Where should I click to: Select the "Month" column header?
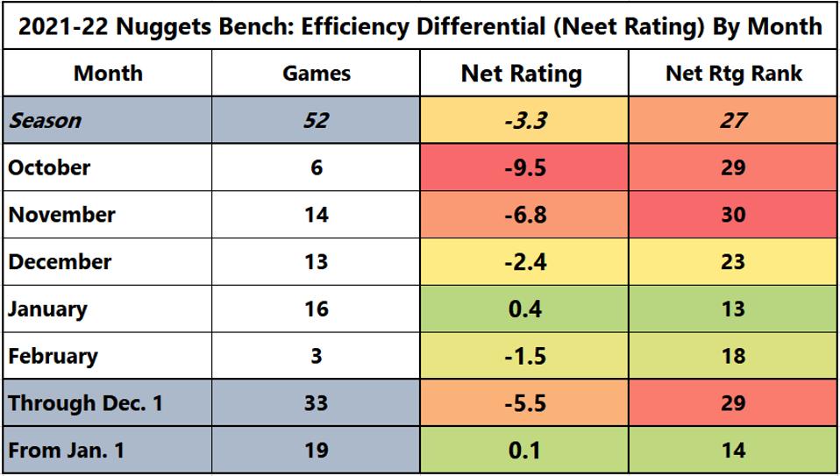108,73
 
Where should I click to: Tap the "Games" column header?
316,74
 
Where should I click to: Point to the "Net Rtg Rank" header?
733,74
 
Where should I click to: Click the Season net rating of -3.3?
523,120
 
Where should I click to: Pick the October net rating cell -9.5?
523,167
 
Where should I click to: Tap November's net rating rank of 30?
733,215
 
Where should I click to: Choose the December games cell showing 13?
316,262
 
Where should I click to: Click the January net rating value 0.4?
523,309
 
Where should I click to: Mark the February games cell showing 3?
316,356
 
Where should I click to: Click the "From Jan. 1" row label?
67,451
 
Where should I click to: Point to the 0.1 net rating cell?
523,451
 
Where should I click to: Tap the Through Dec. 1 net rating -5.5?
523,403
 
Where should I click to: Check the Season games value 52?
316,120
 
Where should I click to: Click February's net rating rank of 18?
733,356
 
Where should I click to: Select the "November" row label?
61,215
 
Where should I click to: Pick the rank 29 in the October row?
733,167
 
